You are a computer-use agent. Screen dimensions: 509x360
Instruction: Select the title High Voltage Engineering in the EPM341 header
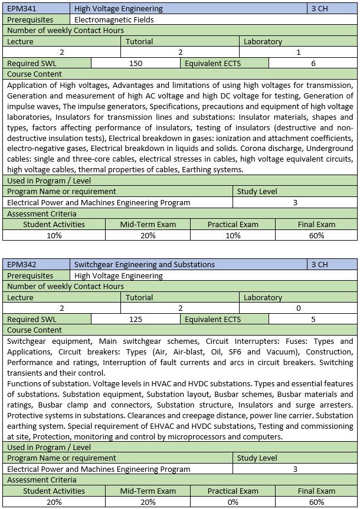(x=119, y=9)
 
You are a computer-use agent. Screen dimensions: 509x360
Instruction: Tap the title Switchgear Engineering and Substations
(x=145, y=264)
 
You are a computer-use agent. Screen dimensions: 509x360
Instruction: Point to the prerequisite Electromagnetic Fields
(x=114, y=19)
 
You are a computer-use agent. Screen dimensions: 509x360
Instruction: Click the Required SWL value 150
(x=135, y=63)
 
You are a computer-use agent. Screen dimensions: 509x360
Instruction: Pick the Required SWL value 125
(x=135, y=319)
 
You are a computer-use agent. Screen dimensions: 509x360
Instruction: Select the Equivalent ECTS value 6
(x=313, y=63)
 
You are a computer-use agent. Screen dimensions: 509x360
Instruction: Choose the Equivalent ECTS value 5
(x=313, y=319)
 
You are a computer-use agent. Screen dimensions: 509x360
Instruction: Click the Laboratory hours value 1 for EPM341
(x=299, y=52)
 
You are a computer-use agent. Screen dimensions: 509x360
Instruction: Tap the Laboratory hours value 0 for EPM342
(x=299, y=308)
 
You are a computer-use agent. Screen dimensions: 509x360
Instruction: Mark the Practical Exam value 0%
(x=233, y=502)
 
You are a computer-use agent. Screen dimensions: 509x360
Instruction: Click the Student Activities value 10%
(x=54, y=235)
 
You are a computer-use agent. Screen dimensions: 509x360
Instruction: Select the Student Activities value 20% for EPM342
(x=54, y=502)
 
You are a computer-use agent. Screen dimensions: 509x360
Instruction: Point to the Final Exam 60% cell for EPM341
(x=316, y=235)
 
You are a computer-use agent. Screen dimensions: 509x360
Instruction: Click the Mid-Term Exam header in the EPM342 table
(x=148, y=491)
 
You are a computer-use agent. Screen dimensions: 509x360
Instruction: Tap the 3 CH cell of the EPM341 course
(x=319, y=9)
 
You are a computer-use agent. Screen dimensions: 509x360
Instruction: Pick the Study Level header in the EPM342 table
(x=257, y=458)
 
